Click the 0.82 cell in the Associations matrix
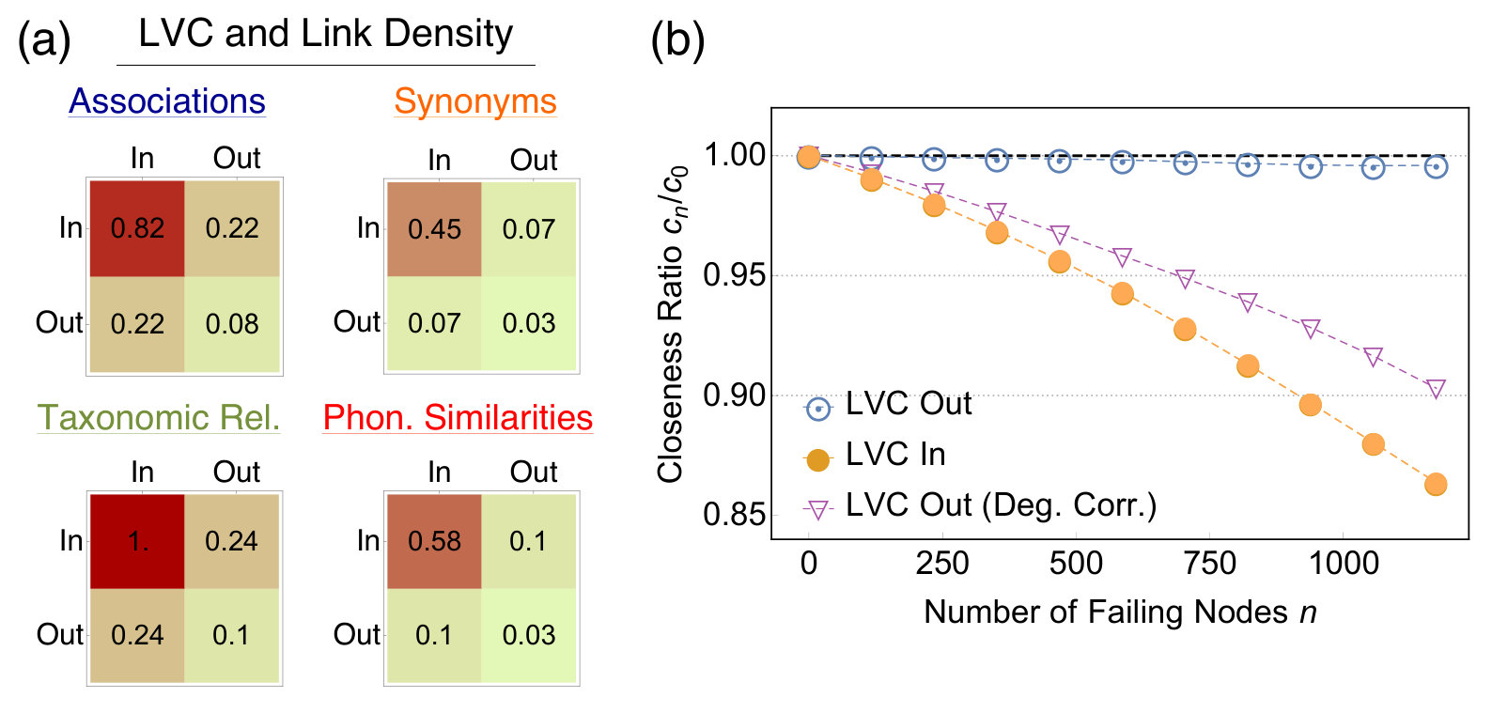(x=137, y=228)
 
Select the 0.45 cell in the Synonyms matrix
(x=434, y=229)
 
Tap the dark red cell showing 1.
(x=137, y=541)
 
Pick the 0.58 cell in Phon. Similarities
(x=434, y=541)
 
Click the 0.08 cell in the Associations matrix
(x=232, y=324)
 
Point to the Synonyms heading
(x=474, y=101)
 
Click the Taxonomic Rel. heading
(x=159, y=417)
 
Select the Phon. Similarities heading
(x=458, y=417)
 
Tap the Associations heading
(x=167, y=101)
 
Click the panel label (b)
(x=677, y=40)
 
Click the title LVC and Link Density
(x=326, y=33)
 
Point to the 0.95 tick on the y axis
(x=735, y=275)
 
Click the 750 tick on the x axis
(x=1209, y=564)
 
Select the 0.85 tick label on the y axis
(x=735, y=515)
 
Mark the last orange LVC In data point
(x=1436, y=484)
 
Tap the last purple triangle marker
(x=1436, y=388)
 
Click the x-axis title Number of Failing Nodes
(x=1106, y=612)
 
